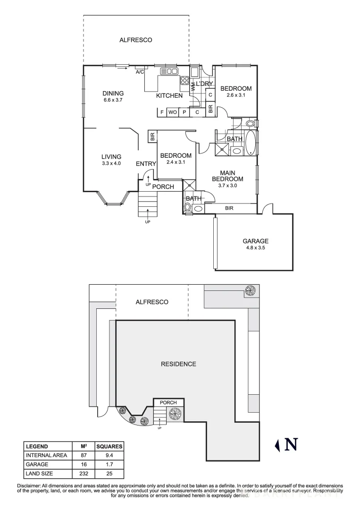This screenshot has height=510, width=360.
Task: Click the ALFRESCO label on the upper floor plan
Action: [x=135, y=40]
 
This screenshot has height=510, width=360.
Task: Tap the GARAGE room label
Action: [x=255, y=241]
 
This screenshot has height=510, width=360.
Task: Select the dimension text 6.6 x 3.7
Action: [x=113, y=100]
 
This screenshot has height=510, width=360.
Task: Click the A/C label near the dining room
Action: [x=140, y=72]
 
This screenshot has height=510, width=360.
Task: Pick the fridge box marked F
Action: [x=162, y=112]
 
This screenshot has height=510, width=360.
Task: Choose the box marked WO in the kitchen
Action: [x=173, y=112]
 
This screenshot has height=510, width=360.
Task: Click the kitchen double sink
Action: [x=169, y=71]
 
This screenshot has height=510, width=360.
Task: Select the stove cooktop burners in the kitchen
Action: [x=184, y=81]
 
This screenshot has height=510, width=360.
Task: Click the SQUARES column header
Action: [x=109, y=446]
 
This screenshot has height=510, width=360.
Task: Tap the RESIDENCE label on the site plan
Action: [x=178, y=364]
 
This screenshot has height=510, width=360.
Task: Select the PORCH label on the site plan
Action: [x=168, y=402]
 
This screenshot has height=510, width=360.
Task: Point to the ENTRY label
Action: [x=146, y=164]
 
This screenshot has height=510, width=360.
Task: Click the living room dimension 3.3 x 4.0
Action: [x=111, y=163]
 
